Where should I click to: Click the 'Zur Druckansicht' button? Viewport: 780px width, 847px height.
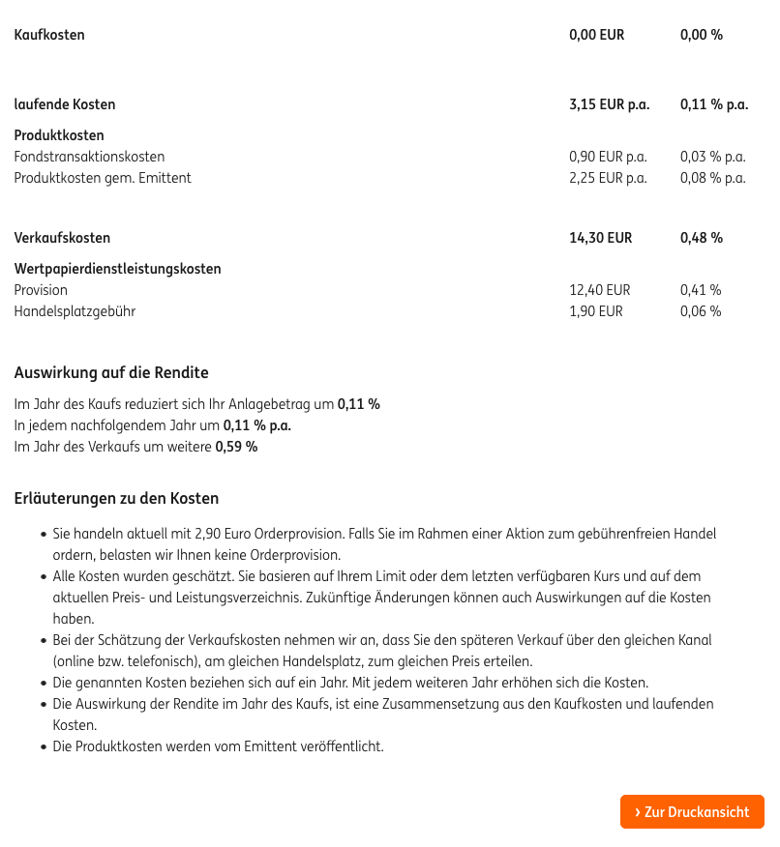(692, 812)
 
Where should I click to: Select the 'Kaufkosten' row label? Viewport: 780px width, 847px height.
(49, 35)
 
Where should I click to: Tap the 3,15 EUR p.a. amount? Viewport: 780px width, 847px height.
(609, 104)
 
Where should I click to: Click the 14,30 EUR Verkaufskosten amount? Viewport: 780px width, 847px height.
(600, 238)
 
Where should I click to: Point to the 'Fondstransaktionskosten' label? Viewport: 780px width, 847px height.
(89, 157)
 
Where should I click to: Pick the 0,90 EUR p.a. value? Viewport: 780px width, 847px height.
(608, 157)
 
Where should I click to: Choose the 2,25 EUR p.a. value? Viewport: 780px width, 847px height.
(608, 178)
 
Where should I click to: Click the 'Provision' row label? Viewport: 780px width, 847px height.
(41, 290)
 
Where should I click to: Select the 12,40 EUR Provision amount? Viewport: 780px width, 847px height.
(599, 290)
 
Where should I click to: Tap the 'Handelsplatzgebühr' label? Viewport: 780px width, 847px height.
(75, 311)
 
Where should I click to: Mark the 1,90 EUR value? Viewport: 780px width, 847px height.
(596, 311)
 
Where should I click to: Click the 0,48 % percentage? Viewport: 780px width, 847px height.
(702, 238)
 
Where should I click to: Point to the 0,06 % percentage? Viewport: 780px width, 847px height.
(701, 311)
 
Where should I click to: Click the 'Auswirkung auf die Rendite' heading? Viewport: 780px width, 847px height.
(111, 373)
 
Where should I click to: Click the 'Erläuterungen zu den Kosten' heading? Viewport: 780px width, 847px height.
(116, 499)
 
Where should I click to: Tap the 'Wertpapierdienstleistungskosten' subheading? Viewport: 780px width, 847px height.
(117, 269)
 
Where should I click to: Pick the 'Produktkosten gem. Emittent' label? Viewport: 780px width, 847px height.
(103, 178)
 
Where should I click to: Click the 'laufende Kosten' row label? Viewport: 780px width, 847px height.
(65, 104)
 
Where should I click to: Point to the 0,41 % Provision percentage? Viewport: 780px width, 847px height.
(701, 290)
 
